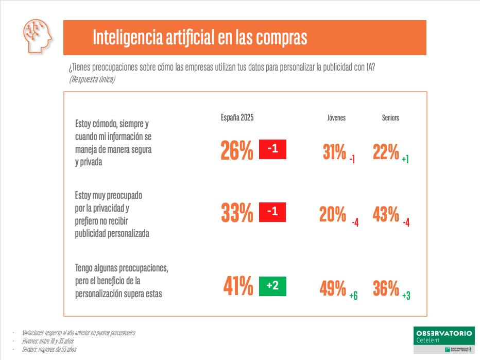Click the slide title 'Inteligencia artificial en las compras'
[200, 38]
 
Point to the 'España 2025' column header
[237, 117]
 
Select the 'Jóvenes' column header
[336, 118]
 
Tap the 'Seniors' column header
[390, 118]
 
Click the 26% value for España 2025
[237, 151]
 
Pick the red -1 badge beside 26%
[272, 149]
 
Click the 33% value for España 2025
[237, 213]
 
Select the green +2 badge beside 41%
[272, 286]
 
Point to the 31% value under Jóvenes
[334, 152]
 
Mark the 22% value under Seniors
[386, 152]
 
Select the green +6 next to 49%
[353, 296]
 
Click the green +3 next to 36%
[406, 296]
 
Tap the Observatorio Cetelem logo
[443, 339]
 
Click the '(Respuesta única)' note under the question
[92, 79]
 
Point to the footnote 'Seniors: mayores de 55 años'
[49, 349]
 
